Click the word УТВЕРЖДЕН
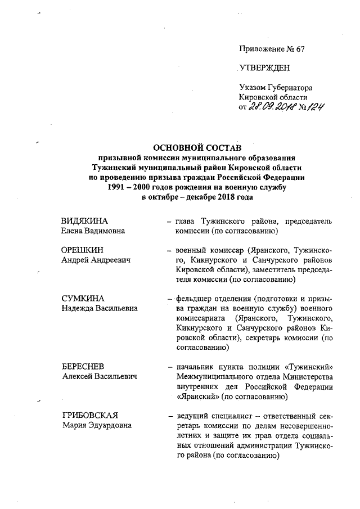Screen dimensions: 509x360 [264, 69]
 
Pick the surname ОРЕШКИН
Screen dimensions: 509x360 [84, 250]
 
